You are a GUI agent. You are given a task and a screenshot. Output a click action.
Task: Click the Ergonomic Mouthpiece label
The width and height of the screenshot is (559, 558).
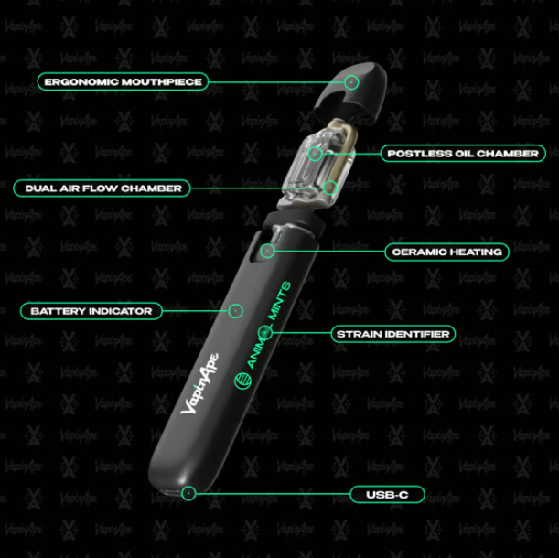(123, 81)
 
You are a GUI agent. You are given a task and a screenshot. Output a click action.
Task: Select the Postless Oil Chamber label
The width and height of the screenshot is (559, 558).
(463, 154)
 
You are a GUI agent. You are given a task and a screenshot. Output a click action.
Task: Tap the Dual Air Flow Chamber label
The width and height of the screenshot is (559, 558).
(102, 188)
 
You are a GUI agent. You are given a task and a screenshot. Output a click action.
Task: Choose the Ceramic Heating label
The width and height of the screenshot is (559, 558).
(447, 252)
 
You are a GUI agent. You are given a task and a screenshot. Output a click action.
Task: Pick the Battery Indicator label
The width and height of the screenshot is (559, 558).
(91, 311)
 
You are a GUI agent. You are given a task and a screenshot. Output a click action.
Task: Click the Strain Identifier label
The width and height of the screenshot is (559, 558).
(392, 334)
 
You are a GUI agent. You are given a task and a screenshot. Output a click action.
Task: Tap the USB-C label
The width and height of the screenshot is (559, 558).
(387, 495)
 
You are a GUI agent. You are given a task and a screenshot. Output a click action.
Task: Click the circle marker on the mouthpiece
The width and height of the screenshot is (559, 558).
(351, 82)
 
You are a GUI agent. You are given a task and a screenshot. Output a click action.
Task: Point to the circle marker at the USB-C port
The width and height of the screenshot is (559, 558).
(188, 493)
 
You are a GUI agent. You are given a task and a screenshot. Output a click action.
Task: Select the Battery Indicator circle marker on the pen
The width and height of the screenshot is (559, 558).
(235, 311)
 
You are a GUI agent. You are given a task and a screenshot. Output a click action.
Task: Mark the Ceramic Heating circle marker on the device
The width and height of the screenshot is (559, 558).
(267, 251)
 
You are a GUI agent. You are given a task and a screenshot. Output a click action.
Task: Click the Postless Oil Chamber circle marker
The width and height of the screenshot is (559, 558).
(315, 154)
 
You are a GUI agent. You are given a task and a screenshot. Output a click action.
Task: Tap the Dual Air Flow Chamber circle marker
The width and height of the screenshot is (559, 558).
(330, 188)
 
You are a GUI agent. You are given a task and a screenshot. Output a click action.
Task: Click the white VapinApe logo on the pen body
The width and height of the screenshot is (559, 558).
(199, 384)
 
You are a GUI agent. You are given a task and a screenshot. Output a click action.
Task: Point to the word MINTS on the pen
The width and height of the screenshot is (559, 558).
(280, 300)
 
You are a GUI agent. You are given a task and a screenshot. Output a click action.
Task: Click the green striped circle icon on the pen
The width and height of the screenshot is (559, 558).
(242, 381)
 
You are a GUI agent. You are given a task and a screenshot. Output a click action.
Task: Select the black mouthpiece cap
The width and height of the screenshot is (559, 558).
(350, 92)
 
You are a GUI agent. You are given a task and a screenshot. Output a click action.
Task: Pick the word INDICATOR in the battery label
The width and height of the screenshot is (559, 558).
(121, 311)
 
